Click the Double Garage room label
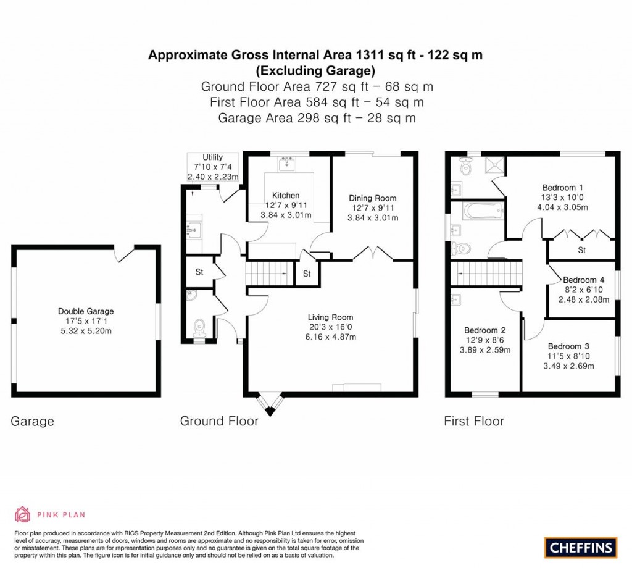coord(86,311)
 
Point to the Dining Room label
coord(372,198)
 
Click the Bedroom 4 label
coord(580,280)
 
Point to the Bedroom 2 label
coord(484,330)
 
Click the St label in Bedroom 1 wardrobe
coord(581,250)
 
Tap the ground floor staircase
coord(270,272)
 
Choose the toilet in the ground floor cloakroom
coord(198,327)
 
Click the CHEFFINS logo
coord(581,547)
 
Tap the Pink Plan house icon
coord(23,514)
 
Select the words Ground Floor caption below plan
coord(219,421)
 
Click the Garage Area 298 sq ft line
coord(316,117)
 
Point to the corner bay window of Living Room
coord(270,403)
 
